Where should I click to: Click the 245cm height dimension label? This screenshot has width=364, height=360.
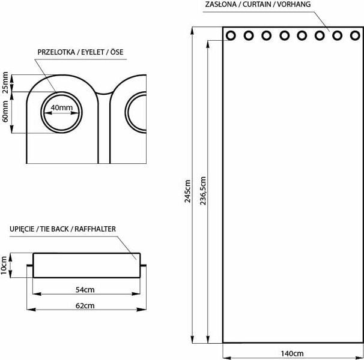187,191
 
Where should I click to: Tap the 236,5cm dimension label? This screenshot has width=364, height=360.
203,191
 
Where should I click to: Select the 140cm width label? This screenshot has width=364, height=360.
292,353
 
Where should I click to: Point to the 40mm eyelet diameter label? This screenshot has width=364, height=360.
62,107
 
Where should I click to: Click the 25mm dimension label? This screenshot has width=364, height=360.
5,83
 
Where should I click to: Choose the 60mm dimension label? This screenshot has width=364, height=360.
5,112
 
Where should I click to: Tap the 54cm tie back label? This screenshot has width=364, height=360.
85,290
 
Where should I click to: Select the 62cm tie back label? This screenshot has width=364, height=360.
85,306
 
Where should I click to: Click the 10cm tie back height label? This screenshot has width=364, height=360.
4,265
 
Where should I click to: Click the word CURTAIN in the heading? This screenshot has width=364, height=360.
256,4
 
